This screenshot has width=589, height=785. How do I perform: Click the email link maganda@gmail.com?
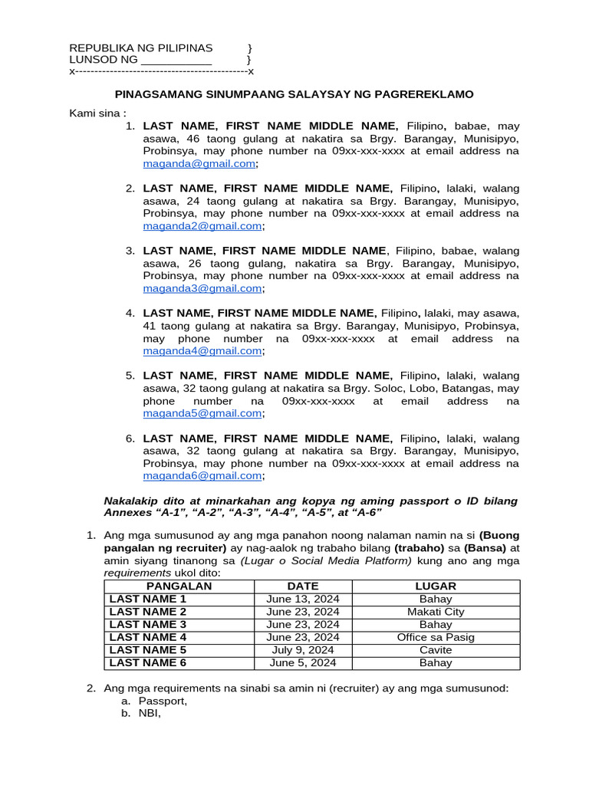(199, 164)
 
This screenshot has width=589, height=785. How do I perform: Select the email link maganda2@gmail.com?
(202, 226)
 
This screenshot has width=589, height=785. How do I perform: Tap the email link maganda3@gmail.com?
(202, 288)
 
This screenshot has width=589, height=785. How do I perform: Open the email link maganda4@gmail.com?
(202, 351)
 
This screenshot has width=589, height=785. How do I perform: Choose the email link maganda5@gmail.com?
(202, 413)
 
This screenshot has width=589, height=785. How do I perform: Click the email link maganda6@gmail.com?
(202, 476)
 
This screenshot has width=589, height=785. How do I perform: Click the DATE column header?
(302, 586)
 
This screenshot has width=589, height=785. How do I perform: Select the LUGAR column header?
(435, 586)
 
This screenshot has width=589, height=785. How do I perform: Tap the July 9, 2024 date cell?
(302, 650)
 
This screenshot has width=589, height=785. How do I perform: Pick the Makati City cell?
(436, 612)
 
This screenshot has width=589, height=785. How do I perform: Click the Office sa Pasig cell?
(436, 637)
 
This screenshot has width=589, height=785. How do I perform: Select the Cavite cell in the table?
(436, 650)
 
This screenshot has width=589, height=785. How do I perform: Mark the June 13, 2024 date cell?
(302, 599)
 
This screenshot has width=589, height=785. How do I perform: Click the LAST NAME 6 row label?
(148, 663)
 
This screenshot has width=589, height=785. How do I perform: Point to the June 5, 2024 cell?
(302, 663)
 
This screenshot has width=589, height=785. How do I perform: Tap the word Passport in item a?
(163, 701)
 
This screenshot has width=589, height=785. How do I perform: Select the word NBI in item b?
(150, 714)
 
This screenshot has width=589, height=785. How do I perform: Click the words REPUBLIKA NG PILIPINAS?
(141, 48)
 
